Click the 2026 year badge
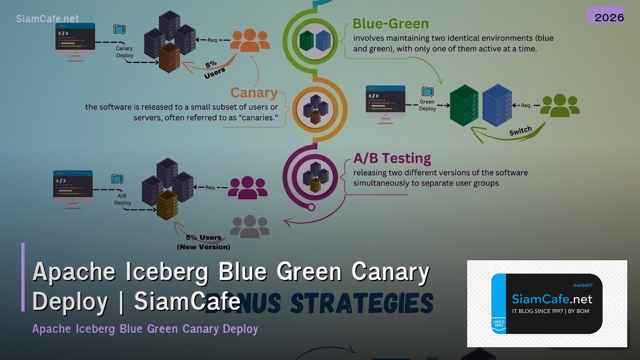(609, 17)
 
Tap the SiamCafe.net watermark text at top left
(47, 19)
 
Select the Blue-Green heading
(390, 23)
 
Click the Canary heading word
(254, 93)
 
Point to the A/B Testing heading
(392, 158)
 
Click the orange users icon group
(249, 40)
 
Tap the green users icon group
(559, 105)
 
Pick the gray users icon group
(250, 226)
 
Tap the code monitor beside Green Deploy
(385, 103)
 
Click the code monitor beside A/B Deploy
(73, 186)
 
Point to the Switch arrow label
(521, 131)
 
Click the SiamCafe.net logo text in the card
(552, 299)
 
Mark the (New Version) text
(203, 247)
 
